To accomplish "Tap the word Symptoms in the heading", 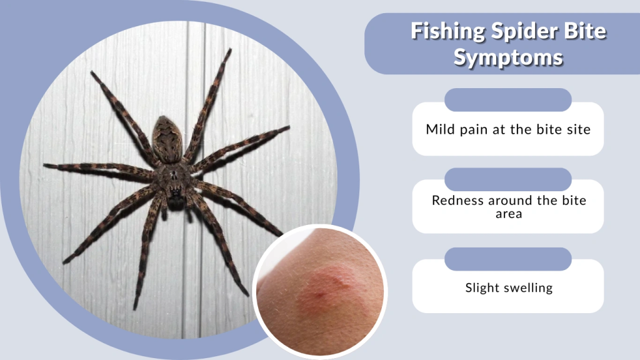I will [508, 57].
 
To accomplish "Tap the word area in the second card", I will [508, 214].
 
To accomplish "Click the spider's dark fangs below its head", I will [176, 202].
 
